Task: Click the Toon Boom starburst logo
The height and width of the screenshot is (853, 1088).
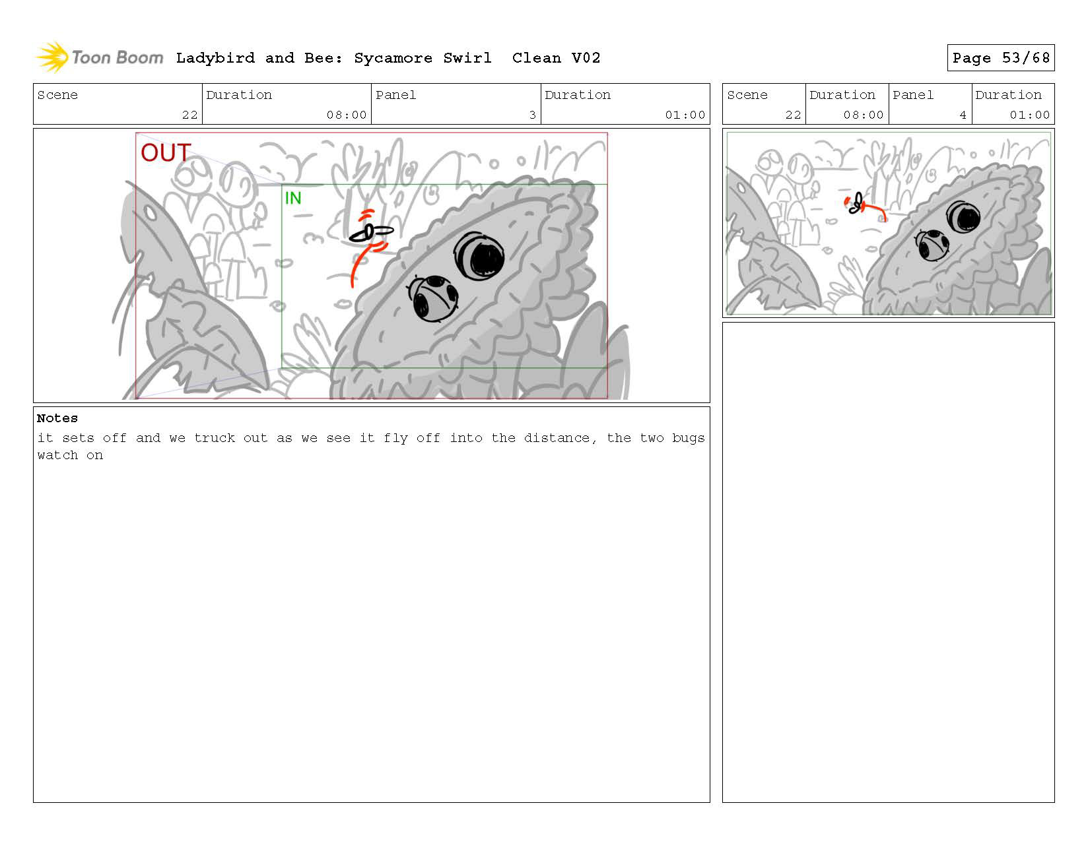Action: click(x=52, y=57)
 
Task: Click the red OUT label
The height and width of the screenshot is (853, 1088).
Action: click(x=165, y=152)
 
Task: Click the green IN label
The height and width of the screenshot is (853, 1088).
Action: click(x=293, y=198)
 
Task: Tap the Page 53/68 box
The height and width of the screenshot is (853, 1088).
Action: click(x=1000, y=57)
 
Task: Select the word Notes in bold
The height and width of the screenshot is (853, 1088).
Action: click(x=57, y=418)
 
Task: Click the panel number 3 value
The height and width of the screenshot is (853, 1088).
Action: click(x=532, y=115)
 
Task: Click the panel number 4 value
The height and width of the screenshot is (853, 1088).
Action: click(x=963, y=115)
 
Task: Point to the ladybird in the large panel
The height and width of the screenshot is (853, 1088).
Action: click(x=433, y=299)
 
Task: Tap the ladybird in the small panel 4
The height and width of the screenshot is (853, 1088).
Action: click(x=932, y=245)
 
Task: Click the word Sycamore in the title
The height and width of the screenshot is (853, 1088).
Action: click(x=393, y=58)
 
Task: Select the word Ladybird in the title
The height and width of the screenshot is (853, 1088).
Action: click(x=215, y=58)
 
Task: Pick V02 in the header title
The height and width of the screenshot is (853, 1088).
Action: click(x=586, y=58)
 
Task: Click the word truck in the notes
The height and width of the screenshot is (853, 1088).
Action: click(x=215, y=438)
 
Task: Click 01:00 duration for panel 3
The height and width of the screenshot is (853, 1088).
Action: click(x=685, y=115)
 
